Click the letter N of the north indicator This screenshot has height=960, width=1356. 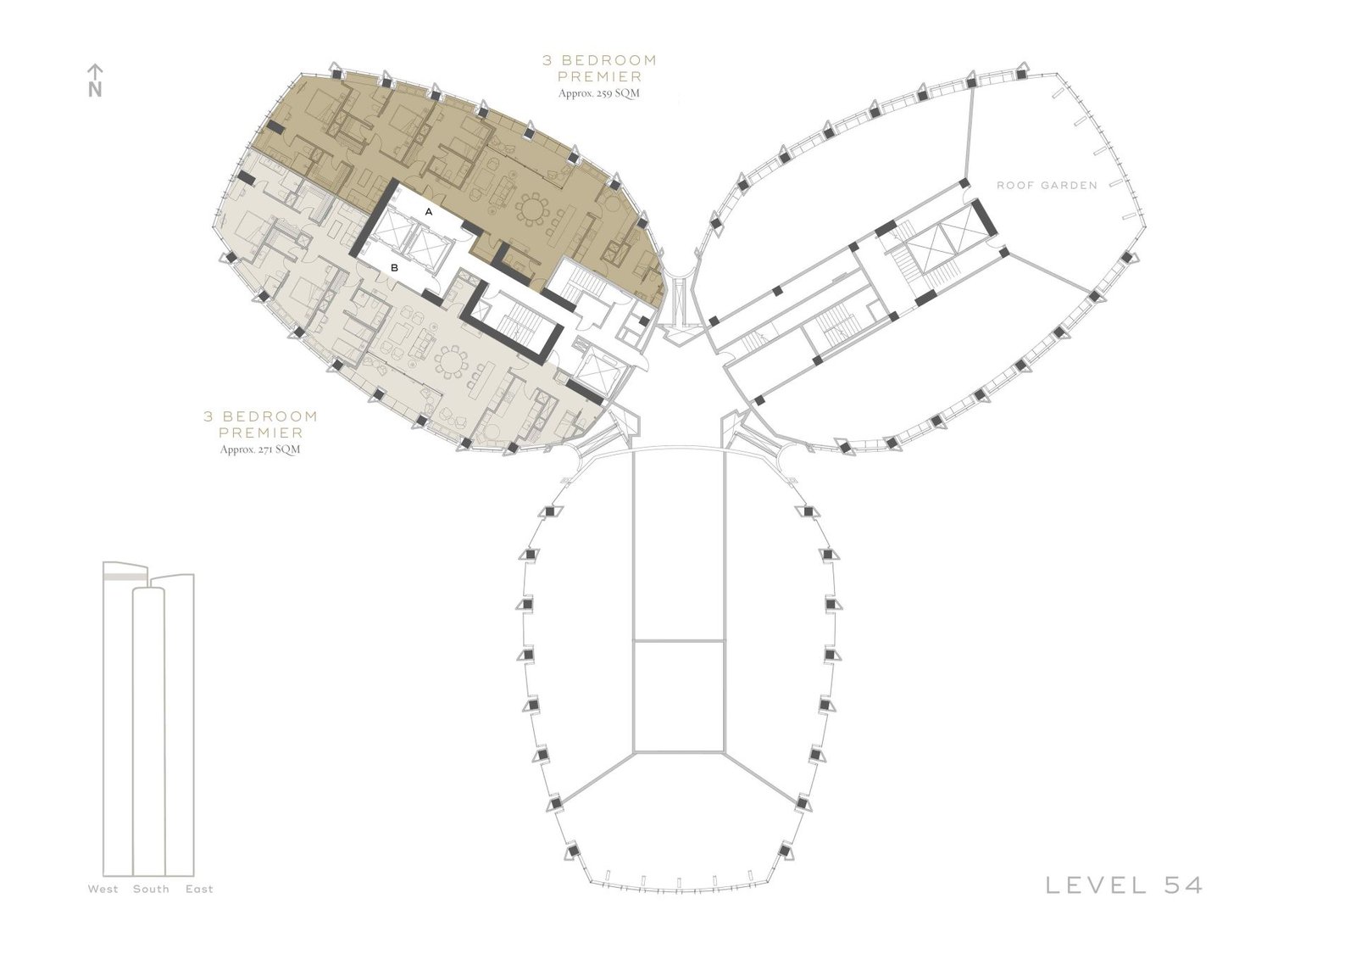click(x=95, y=90)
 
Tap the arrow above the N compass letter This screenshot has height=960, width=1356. click(x=95, y=72)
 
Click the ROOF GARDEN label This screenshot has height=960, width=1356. click(x=1047, y=186)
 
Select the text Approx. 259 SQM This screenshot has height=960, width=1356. click(x=598, y=94)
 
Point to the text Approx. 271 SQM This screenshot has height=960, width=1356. click(x=260, y=450)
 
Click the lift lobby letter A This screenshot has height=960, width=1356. click(x=429, y=212)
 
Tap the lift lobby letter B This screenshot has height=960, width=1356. click(x=394, y=268)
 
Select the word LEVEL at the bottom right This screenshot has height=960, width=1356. click(x=1096, y=885)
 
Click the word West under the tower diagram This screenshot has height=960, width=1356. click(x=103, y=889)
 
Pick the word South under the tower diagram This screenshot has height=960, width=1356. click(x=152, y=889)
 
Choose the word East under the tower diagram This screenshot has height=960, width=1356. click(x=199, y=889)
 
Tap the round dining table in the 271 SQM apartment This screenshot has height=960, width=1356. click(x=452, y=363)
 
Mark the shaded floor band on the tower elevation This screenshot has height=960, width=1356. click(x=125, y=578)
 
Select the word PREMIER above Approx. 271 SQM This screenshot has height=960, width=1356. click(x=260, y=433)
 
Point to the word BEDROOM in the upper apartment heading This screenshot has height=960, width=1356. click(x=609, y=60)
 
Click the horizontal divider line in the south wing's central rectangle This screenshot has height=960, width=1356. click(x=679, y=640)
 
